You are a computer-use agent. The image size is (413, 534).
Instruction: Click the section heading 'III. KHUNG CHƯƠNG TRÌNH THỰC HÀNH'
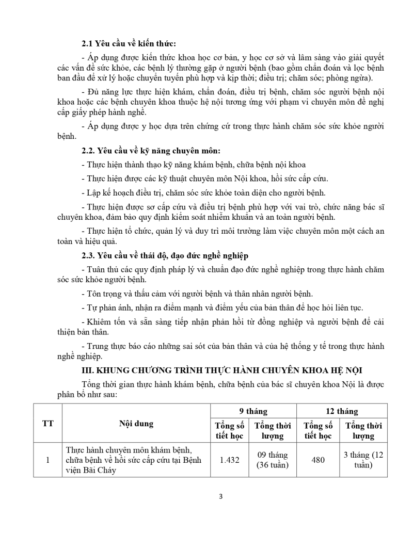tap(227, 370)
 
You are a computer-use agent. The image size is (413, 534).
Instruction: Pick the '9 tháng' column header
tap(253, 411)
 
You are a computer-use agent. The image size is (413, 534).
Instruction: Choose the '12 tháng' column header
tap(341, 411)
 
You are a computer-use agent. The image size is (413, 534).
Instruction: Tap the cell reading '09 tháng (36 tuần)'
tap(272, 460)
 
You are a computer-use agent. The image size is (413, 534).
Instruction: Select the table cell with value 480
tap(318, 460)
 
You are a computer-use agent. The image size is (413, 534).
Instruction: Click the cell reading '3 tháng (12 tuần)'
tap(363, 460)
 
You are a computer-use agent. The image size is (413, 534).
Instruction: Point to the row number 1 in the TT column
tap(47, 460)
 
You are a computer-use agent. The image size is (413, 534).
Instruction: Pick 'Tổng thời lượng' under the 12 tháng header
tap(363, 430)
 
